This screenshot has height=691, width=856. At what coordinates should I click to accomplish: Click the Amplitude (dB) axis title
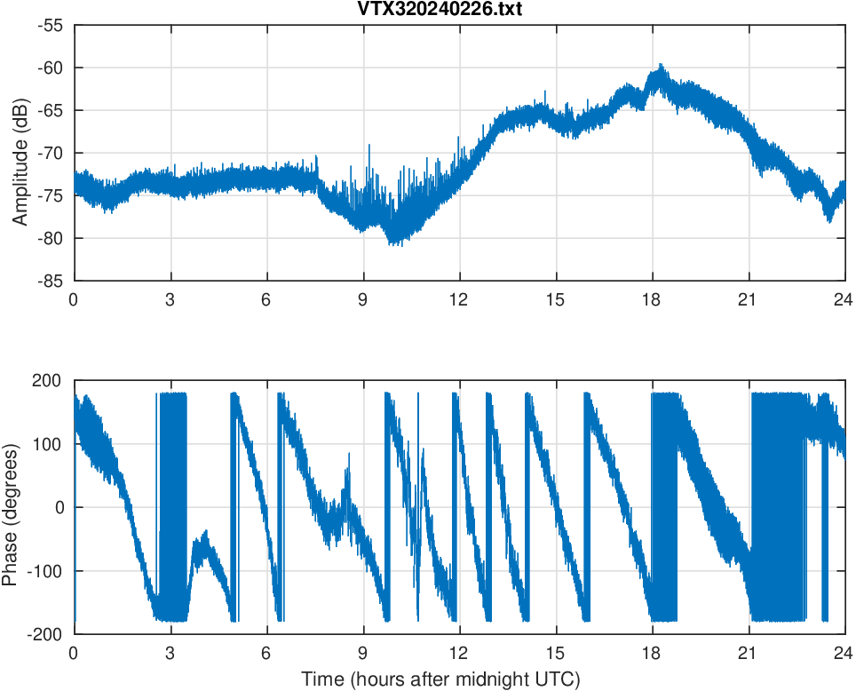tap(20, 153)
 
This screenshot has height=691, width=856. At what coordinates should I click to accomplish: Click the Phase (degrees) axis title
tap(11, 507)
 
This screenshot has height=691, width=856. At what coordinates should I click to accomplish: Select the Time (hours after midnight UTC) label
tap(440, 679)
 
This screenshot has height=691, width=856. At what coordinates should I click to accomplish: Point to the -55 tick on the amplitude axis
tap(52, 25)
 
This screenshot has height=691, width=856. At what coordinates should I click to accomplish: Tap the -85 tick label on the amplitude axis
tap(52, 281)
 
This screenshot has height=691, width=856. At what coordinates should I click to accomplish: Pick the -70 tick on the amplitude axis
tap(52, 153)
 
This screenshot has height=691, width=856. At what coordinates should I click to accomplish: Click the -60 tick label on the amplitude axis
tap(52, 68)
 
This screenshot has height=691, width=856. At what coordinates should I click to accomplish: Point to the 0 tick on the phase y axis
tap(60, 507)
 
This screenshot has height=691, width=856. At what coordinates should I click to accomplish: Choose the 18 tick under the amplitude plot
tap(653, 299)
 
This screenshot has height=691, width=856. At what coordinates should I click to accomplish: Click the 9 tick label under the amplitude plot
tap(363, 299)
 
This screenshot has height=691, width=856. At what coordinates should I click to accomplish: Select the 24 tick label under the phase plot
tap(844, 652)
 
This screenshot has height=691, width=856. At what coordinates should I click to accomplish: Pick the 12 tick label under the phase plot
tap(459, 652)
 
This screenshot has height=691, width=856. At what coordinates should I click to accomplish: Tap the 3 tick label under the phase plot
tap(170, 652)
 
